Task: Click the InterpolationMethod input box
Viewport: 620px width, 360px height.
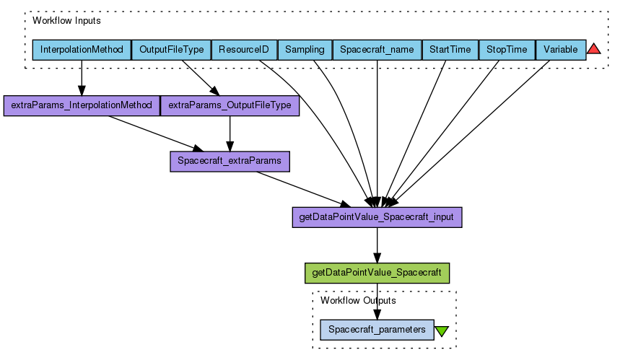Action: click(82, 50)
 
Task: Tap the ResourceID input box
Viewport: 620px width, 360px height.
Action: click(244, 50)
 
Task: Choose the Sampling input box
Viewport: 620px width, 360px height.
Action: click(305, 50)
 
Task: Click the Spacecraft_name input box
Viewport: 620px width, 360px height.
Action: click(377, 50)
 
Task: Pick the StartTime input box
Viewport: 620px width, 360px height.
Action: click(450, 50)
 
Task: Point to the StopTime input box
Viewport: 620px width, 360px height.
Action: click(507, 50)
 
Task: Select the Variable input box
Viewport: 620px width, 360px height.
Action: click(560, 50)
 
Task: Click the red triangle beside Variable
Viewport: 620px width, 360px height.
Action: click(594, 49)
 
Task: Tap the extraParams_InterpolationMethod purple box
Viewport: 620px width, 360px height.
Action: click(82, 105)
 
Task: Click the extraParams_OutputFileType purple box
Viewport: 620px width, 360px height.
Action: click(230, 105)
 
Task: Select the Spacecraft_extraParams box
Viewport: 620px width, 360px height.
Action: click(230, 161)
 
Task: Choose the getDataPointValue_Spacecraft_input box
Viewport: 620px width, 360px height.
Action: click(377, 217)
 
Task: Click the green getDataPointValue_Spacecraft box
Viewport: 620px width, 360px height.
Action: click(377, 273)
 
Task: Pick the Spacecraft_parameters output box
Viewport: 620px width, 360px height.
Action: click(377, 330)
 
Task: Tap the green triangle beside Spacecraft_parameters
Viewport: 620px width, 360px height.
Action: click(442, 331)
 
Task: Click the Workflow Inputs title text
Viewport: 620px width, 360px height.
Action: click(66, 21)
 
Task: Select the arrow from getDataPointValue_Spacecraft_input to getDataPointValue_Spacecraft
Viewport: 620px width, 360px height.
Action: click(377, 245)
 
